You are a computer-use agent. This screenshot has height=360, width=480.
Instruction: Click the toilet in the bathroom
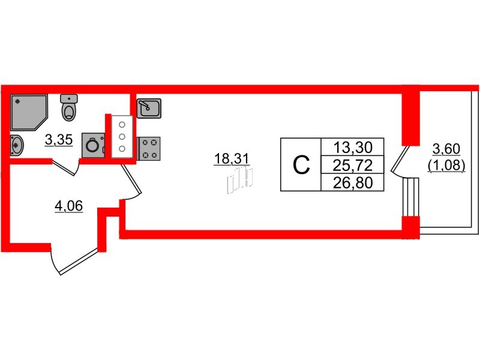pos(70,108)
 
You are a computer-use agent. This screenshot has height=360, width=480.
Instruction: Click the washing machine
pos(93,145)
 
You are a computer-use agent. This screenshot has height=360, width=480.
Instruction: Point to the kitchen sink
pos(148,109)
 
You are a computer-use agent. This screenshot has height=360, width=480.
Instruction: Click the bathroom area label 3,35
pos(59,140)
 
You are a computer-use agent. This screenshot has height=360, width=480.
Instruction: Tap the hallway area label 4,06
pos(68,207)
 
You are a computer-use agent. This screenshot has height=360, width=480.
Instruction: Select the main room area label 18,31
pos(231,158)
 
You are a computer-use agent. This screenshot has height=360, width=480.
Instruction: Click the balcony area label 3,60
pos(447,149)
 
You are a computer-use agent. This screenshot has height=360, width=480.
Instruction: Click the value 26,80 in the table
pos(353,182)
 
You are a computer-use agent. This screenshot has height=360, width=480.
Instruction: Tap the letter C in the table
pos(301,164)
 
